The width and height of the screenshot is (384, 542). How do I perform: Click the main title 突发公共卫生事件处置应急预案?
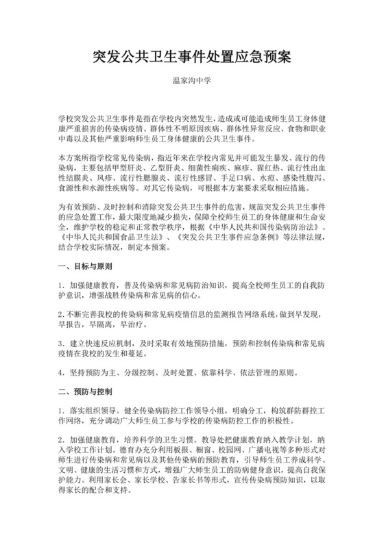click(191, 57)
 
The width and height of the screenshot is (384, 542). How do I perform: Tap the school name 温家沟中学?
click(191, 80)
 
